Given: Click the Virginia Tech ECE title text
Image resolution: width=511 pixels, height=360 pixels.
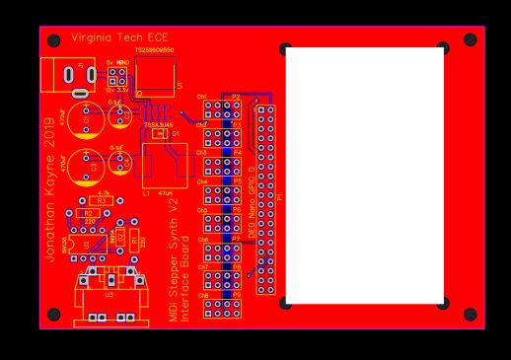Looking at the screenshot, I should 119,37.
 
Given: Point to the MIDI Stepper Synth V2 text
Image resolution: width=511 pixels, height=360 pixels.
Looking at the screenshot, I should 174,265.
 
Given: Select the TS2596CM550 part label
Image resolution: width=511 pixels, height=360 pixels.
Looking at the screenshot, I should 154,49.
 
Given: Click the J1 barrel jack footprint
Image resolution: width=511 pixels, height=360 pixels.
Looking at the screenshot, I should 67,75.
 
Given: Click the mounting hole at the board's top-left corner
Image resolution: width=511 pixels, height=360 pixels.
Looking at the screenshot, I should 54,40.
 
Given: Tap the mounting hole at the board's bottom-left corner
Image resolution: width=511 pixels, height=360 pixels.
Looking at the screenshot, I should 54,315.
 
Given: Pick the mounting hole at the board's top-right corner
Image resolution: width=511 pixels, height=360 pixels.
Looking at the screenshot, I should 470,40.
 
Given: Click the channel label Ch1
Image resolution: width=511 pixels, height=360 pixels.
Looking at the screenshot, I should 201,97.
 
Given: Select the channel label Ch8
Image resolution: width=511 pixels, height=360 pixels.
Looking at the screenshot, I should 202,295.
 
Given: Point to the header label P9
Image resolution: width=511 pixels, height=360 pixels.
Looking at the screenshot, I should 237,295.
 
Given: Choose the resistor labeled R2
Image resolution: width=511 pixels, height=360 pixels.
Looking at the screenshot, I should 88,213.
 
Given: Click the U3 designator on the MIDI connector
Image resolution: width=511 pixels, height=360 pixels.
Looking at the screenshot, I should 109,294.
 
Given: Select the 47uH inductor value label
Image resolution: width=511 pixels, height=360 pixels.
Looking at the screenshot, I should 166,194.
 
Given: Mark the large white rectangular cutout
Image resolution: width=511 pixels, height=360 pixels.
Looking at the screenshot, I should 364,176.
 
